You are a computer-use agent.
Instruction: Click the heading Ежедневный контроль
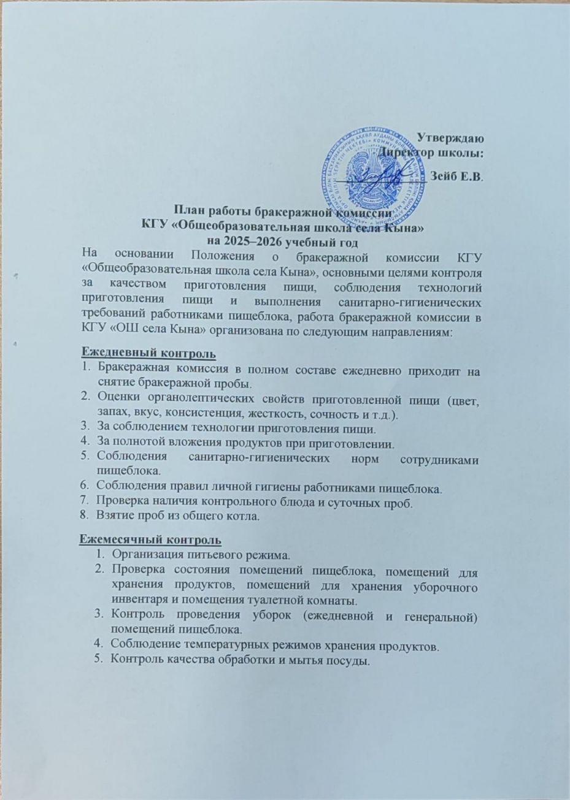pyautogui.click(x=148, y=354)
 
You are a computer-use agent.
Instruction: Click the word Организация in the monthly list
pyautogui.click(x=147, y=555)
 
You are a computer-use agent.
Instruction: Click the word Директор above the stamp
pyautogui.click(x=406, y=151)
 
